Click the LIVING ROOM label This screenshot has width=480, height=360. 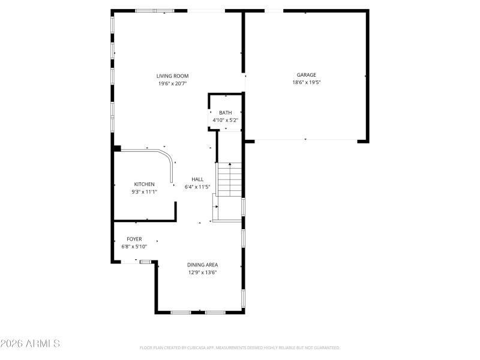(x=173, y=76)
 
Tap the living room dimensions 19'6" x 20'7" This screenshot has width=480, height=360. (x=173, y=83)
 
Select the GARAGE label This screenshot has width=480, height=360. (x=306, y=75)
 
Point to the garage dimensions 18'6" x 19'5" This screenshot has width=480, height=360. (x=306, y=83)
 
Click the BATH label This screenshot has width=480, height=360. (x=225, y=113)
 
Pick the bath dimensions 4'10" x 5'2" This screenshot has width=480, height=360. (x=225, y=120)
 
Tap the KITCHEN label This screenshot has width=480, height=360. (x=144, y=184)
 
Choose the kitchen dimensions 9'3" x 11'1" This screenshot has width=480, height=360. (x=144, y=192)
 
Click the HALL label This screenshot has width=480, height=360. (x=197, y=179)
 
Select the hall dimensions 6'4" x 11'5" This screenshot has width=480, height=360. (x=197, y=187)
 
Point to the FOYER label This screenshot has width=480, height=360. (x=134, y=239)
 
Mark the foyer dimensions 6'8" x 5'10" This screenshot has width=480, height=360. (x=134, y=246)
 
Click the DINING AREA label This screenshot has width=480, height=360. (x=202, y=265)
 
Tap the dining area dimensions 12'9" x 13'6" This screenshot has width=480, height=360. (x=202, y=272)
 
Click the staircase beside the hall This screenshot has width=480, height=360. (x=229, y=180)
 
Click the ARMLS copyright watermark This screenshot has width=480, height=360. (x=30, y=344)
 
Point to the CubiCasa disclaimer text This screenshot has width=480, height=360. (x=240, y=347)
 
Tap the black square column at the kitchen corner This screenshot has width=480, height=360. (x=118, y=148)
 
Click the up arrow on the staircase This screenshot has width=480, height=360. (x=229, y=164)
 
